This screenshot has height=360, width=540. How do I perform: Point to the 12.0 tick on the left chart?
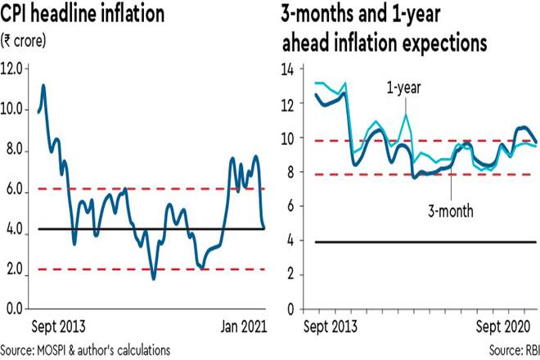[x=14, y=68]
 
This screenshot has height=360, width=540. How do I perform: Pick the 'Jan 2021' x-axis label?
[x=241, y=326]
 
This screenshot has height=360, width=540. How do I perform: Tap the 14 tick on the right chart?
[x=288, y=70]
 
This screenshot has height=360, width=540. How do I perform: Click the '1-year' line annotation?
[x=403, y=88]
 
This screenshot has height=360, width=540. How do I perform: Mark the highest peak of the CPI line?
[x=43, y=85]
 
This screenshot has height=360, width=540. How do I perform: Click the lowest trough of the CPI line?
[x=153, y=279]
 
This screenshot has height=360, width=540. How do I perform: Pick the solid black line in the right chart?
[x=409, y=242]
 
